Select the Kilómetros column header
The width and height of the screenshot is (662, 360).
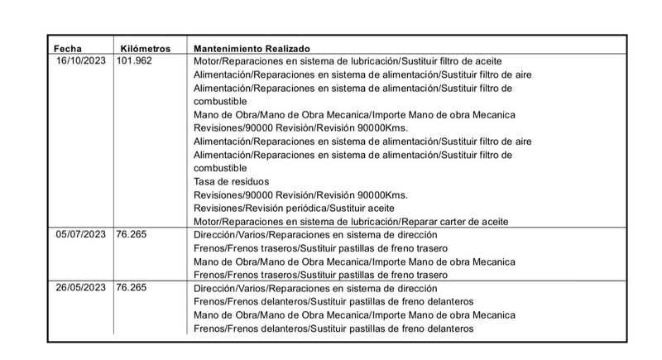146,48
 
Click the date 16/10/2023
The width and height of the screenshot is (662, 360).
82,61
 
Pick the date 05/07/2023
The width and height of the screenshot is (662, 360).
82,234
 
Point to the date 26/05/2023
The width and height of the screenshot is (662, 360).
82,288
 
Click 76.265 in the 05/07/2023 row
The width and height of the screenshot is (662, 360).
132,234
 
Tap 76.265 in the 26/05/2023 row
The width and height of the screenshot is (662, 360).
132,288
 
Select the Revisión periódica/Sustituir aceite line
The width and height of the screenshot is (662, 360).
294,208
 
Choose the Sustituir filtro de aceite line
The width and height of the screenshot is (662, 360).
348,61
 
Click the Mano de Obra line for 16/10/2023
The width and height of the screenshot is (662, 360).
354,114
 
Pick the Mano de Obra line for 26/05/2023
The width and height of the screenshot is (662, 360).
354,314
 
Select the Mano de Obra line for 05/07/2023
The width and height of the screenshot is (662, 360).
354,262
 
